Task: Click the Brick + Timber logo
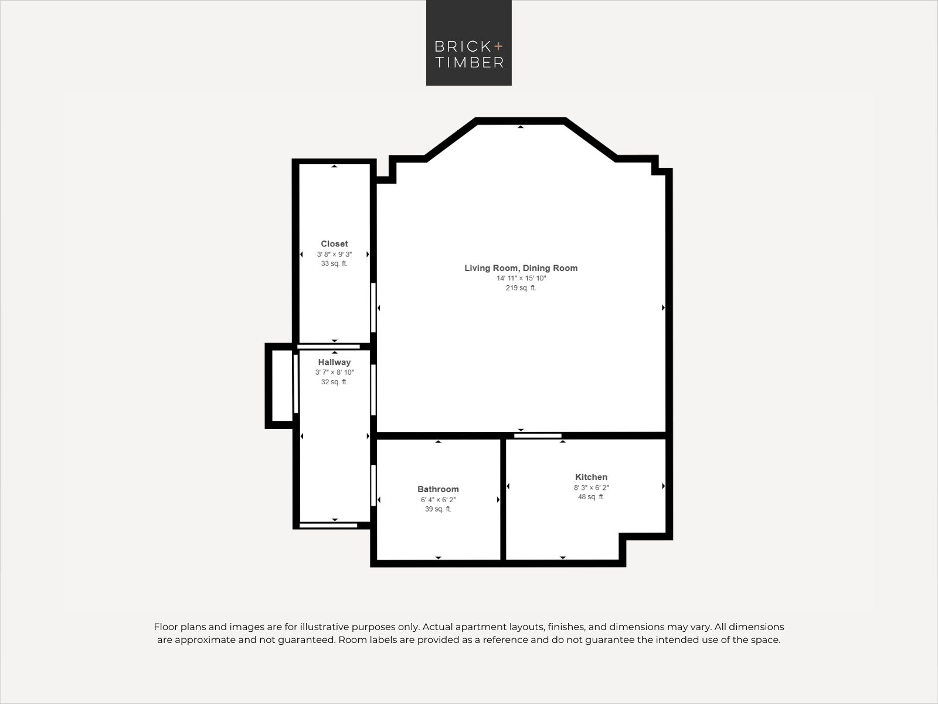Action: [x=469, y=43]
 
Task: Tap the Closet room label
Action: [x=334, y=243]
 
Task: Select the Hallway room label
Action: [x=334, y=362]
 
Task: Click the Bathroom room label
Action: [x=438, y=489]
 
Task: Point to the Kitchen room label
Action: [x=591, y=477]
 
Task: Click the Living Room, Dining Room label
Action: [x=521, y=268]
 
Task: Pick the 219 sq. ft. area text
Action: [x=521, y=288]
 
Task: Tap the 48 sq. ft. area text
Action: [x=591, y=497]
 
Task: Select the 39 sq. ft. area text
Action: [x=438, y=509]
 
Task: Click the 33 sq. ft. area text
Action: [x=334, y=263]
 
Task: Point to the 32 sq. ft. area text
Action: [x=334, y=382]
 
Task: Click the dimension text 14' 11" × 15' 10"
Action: [x=521, y=278]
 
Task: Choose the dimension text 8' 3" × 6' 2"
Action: [x=591, y=488]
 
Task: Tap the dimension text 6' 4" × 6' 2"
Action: [x=438, y=499]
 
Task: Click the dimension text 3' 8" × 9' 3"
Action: [x=334, y=255]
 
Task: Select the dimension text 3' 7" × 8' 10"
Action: [x=334, y=373]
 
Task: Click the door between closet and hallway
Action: [x=329, y=347]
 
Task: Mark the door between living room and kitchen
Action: [x=538, y=436]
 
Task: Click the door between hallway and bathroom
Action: [x=373, y=486]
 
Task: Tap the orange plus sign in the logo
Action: [x=498, y=46]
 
